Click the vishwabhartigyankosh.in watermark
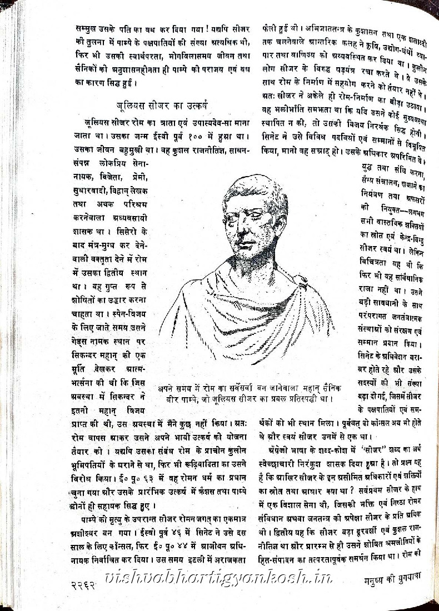tap(217, 578)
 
